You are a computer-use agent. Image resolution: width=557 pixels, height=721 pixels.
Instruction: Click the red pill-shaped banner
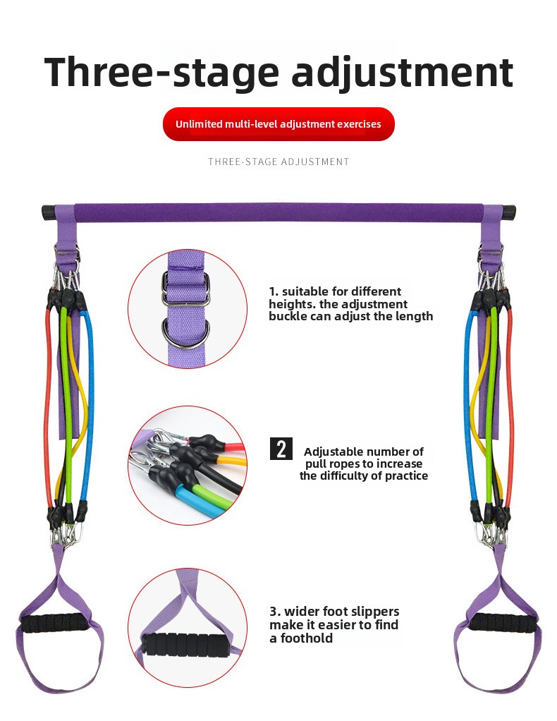point(278,124)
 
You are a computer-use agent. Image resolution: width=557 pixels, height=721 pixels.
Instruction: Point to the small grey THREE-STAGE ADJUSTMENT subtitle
point(278,162)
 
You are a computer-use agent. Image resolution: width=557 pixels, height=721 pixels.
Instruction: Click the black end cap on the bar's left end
point(48,213)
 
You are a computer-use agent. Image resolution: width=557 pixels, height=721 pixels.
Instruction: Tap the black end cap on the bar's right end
point(509,213)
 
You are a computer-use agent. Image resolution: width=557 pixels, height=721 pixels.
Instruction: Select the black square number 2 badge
point(281,449)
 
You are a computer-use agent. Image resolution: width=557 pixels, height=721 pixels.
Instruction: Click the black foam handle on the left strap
point(54,624)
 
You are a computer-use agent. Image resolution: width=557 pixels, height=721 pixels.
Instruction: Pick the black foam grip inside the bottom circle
point(185,646)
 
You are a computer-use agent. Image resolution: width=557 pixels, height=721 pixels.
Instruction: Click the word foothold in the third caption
point(307,638)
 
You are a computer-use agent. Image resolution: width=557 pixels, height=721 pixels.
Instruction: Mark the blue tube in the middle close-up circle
point(193,501)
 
